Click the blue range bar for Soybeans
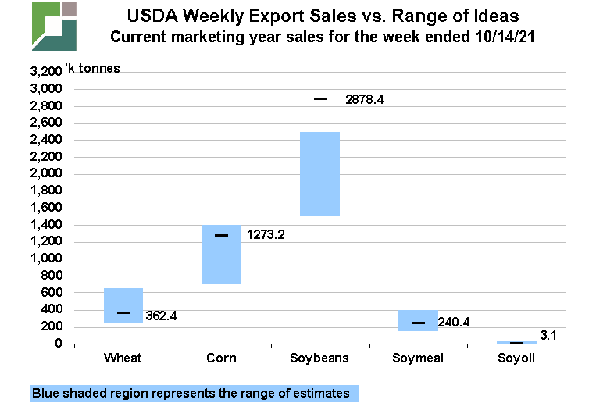coord(320,173)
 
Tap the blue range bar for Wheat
coord(123,305)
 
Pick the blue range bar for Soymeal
coord(418,320)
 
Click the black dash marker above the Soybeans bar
coord(320,99)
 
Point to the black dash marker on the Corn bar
coord(222,235)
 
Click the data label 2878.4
coord(366,100)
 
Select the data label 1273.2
coord(266,234)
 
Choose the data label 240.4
coord(460,322)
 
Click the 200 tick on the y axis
coord(53,326)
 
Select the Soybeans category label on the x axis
coord(320,358)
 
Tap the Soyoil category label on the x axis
coord(516,358)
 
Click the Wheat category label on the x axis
coord(123,358)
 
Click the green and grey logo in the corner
coord(53,26)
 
